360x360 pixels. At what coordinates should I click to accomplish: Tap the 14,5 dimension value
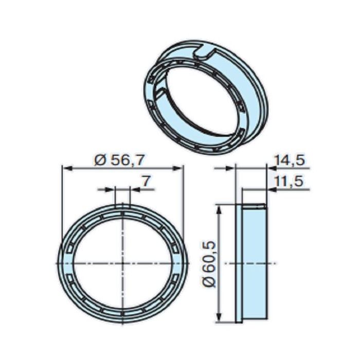(x=290, y=160)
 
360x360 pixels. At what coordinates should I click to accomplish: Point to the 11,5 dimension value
(x=290, y=182)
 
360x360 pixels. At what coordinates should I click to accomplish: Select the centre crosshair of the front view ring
(x=122, y=263)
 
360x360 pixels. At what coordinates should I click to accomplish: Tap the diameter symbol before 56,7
(x=101, y=160)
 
